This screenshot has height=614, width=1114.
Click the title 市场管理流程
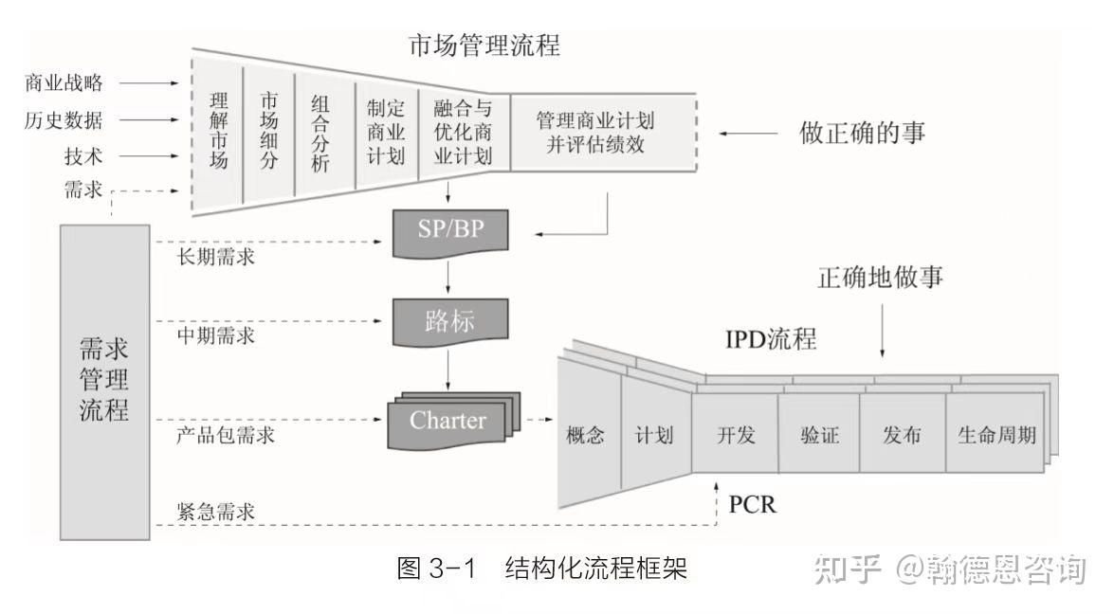(x=484, y=45)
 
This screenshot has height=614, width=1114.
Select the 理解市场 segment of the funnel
(x=219, y=132)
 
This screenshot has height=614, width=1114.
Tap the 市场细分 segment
(x=269, y=132)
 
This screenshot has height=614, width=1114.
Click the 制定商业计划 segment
(x=386, y=132)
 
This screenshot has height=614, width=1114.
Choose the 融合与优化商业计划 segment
(x=463, y=132)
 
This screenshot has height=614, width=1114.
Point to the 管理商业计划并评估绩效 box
(x=596, y=132)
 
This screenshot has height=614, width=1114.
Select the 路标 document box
(x=448, y=322)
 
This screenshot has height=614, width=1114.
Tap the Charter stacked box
(x=447, y=421)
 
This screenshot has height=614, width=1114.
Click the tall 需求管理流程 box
(x=104, y=382)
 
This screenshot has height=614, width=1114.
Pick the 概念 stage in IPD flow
(x=585, y=435)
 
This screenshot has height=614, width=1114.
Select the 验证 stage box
(x=817, y=435)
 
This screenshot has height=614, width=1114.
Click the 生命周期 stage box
(x=996, y=435)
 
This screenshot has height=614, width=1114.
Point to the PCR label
(x=752, y=504)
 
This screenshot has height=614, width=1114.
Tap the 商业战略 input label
(x=64, y=82)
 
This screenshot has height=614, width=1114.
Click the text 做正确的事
(x=862, y=133)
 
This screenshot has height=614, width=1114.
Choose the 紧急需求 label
(x=215, y=512)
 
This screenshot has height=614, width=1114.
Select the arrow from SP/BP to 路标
(x=448, y=278)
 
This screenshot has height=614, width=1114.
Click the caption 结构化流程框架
(x=595, y=569)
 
